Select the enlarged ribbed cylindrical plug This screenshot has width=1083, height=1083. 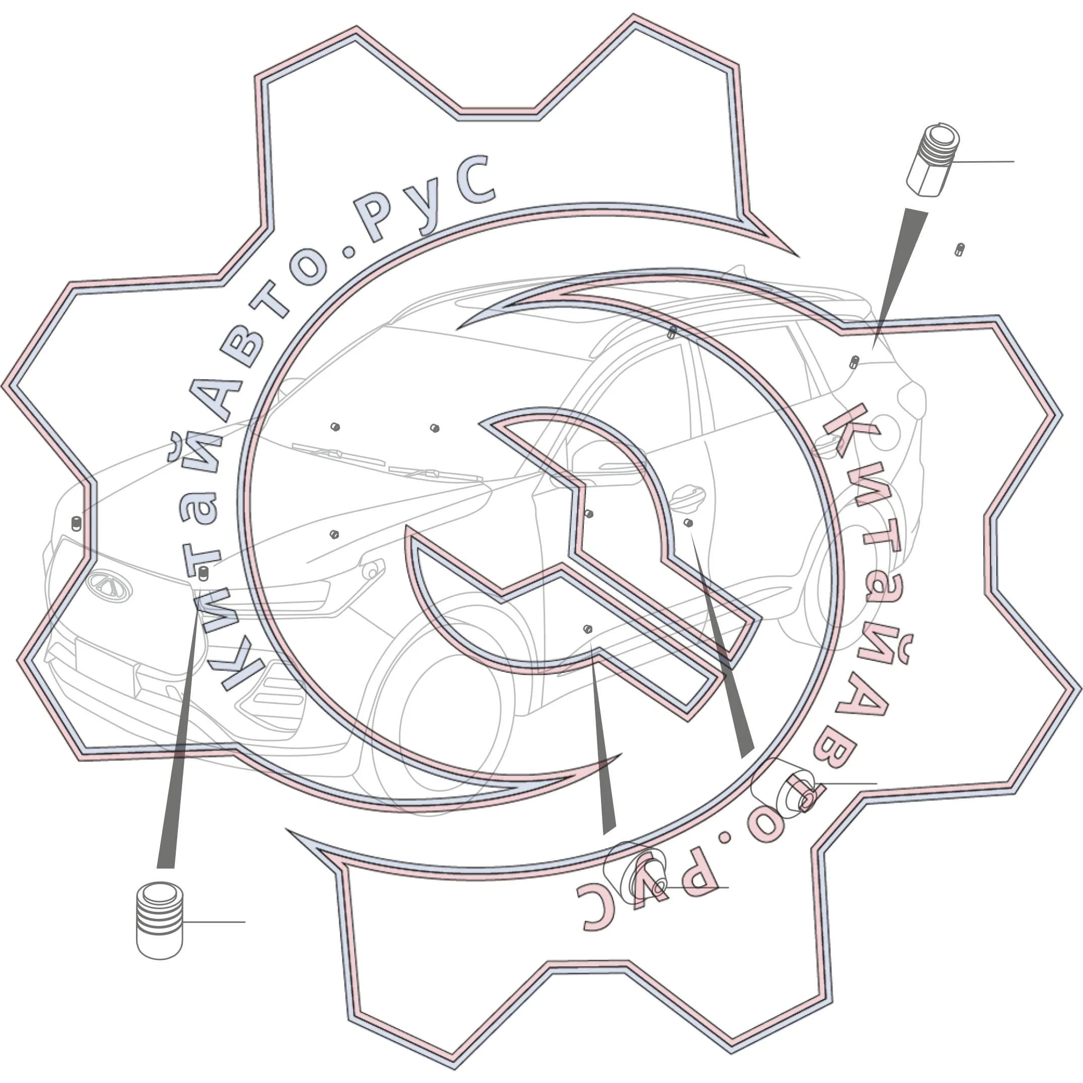click(160, 921)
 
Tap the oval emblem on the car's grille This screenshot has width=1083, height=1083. click(109, 586)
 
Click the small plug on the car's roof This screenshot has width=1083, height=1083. click(672, 332)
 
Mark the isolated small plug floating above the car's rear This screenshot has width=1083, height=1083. click(960, 249)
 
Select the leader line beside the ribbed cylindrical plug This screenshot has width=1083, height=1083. click(214, 922)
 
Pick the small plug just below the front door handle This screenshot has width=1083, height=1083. click(689, 523)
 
